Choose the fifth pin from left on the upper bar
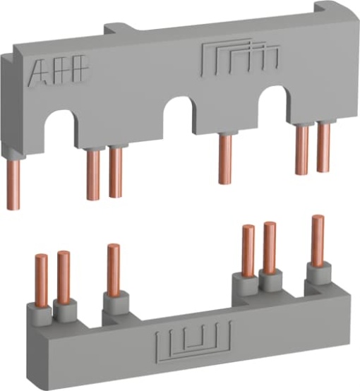302,150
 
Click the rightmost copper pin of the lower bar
317,241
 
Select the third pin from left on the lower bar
113,267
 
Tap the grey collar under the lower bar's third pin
113,303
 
